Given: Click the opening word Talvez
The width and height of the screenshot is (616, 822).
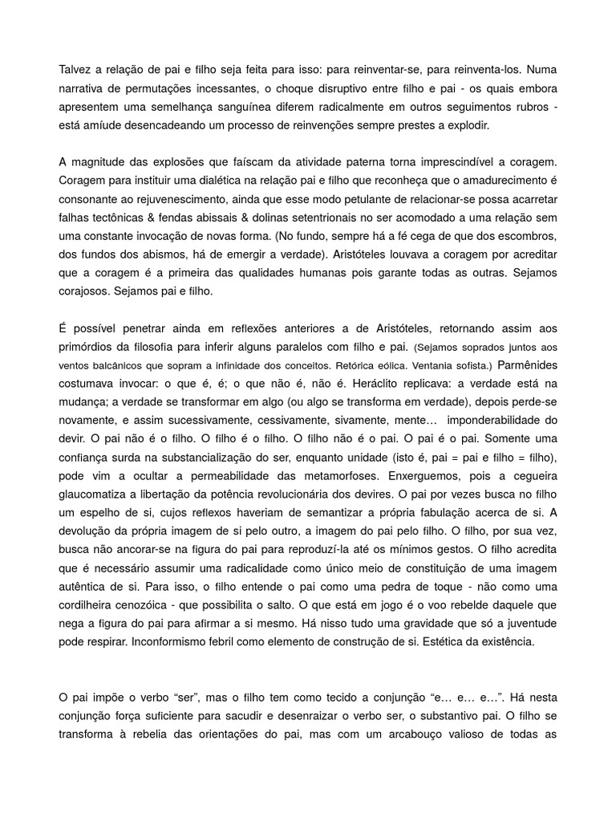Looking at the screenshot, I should (x=75, y=70).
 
